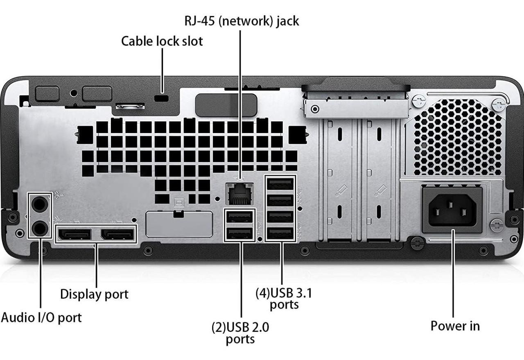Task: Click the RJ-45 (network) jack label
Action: [x=242, y=21]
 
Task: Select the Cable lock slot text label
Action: [x=162, y=41]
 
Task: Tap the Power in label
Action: [x=455, y=326]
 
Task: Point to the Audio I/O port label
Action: [x=41, y=317]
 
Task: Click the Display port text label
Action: [x=94, y=294]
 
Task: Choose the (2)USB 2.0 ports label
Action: [x=240, y=333]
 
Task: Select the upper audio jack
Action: [x=40, y=204]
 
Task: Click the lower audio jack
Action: [x=40, y=228]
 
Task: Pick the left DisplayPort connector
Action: [x=75, y=234]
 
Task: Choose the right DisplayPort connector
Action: [x=117, y=234]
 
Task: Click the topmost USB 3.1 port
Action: [x=280, y=184]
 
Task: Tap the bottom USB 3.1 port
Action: [x=280, y=233]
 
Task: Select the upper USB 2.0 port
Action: [x=240, y=217]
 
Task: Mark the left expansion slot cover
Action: [x=339, y=180]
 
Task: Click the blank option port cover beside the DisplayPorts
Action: [x=179, y=224]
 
